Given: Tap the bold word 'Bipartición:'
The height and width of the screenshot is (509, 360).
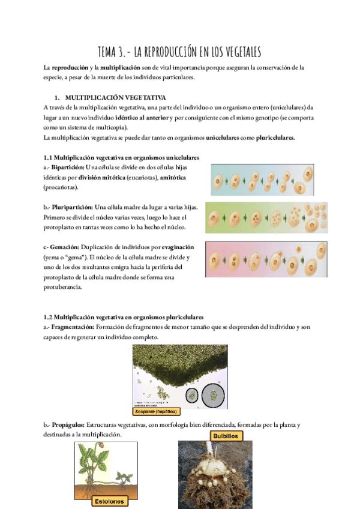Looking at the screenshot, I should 67,167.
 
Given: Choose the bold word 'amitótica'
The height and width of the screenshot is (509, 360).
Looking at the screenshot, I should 170,177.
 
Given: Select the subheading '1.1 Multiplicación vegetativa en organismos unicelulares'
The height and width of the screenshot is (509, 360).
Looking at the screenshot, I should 122,157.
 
